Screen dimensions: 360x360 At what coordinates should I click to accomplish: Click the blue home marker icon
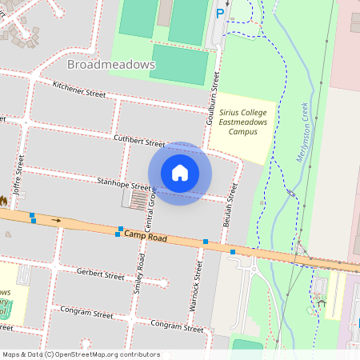(180, 172)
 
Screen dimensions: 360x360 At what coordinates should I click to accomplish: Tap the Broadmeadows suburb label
(111, 64)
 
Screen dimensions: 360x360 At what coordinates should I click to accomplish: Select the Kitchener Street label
(79, 89)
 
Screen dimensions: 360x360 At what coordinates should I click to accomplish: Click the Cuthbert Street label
(140, 142)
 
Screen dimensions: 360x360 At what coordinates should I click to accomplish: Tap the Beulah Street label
(234, 203)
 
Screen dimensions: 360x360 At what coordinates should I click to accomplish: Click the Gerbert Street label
(101, 274)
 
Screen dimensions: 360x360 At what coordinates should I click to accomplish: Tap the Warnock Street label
(196, 277)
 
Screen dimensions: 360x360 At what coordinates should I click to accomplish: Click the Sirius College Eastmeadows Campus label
(243, 122)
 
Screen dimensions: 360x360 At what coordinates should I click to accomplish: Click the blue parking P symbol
(220, 13)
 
